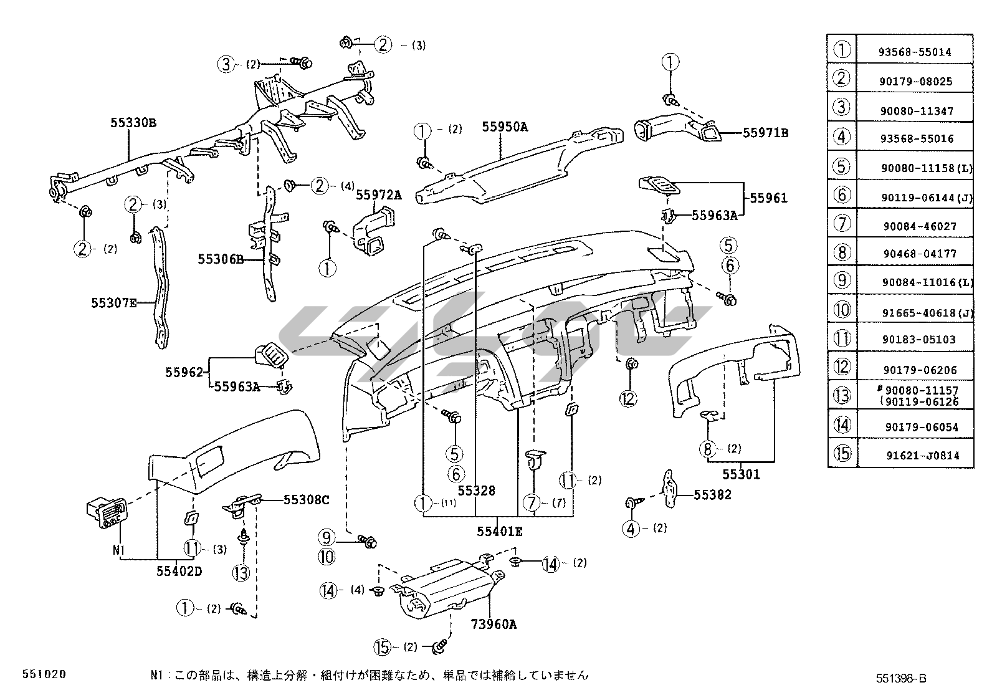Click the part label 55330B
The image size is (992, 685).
point(133,123)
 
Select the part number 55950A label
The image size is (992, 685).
point(505,127)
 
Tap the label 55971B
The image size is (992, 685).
point(765,133)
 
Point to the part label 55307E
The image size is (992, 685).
point(114,303)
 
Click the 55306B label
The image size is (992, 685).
point(221,259)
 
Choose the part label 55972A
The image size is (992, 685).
point(379,195)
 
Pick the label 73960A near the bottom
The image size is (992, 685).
point(494,624)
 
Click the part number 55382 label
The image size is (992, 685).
point(713,495)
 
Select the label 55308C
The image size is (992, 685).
point(307,499)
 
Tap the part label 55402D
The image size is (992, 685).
point(179,571)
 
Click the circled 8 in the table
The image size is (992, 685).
point(842,252)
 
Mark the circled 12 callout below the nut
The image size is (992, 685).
point(628,398)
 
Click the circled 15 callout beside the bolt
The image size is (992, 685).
point(384,647)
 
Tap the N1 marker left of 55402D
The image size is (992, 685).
point(119,550)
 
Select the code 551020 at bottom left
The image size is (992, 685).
point(44,674)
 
